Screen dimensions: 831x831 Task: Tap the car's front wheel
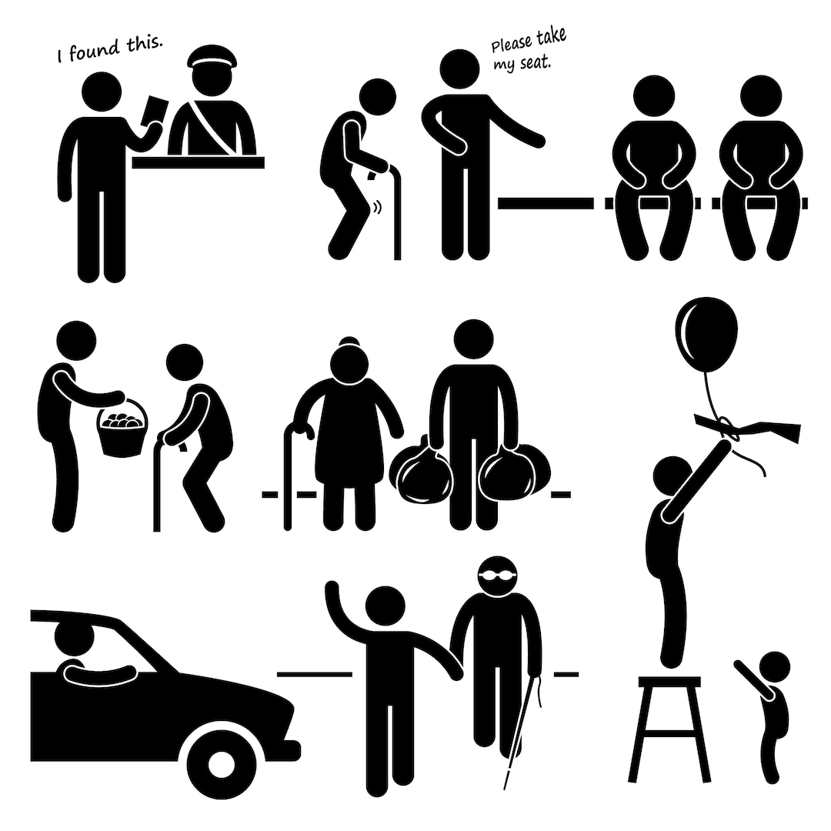pos(221,764)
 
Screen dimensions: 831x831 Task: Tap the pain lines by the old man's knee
pos(378,207)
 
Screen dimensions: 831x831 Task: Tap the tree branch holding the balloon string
pos(747,426)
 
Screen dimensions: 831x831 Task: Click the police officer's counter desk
pos(199,162)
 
